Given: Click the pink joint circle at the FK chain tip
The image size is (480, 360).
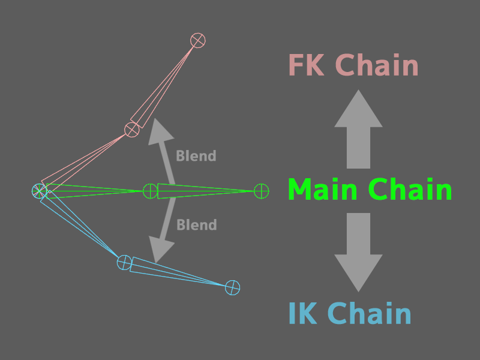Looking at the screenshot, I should point(198,40).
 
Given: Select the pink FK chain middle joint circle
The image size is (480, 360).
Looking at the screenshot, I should point(131,129).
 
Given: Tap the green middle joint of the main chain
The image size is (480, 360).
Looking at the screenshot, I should point(150,191).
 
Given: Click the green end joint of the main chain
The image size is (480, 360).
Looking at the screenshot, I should point(261,191).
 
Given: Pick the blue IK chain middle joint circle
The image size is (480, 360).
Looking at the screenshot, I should point(124,262).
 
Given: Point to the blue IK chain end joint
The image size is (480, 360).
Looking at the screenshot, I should point(232,288).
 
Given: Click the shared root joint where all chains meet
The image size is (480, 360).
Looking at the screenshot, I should point(39,191).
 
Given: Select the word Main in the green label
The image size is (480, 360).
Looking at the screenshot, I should point(324,190).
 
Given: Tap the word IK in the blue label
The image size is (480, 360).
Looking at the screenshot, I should point(304,314).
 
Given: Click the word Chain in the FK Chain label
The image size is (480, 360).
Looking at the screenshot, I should point(376,65).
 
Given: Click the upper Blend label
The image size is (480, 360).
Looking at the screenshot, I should point(196,157).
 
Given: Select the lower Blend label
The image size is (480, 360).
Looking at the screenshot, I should point(196,225).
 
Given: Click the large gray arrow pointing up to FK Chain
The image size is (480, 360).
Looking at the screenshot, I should point(358,129).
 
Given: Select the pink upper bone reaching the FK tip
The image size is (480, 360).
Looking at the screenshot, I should point(165,84).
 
